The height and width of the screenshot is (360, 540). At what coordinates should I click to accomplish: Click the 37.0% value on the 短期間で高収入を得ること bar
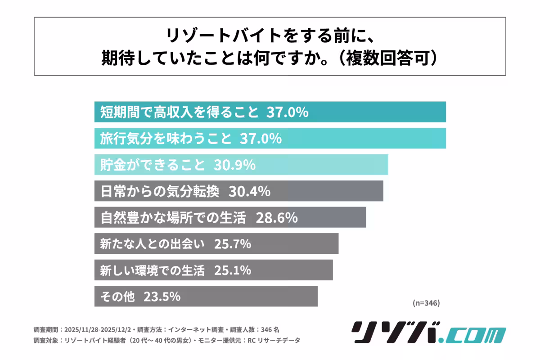(x=288, y=112)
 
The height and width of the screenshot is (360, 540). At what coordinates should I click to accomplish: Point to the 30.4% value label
(x=249, y=192)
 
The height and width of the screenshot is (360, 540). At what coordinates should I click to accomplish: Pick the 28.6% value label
(x=276, y=218)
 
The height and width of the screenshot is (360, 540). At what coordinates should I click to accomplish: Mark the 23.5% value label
(x=162, y=297)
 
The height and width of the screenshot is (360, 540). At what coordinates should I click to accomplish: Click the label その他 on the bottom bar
(x=116, y=297)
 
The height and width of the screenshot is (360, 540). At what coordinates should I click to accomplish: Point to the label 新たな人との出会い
(x=149, y=244)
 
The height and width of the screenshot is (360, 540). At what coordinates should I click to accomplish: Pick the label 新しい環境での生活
(x=149, y=271)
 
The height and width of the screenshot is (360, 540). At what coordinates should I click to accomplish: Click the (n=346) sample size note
(x=426, y=303)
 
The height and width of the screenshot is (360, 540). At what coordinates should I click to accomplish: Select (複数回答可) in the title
(x=386, y=58)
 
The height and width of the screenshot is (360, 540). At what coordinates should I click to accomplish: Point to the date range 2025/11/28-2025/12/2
(x=99, y=329)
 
